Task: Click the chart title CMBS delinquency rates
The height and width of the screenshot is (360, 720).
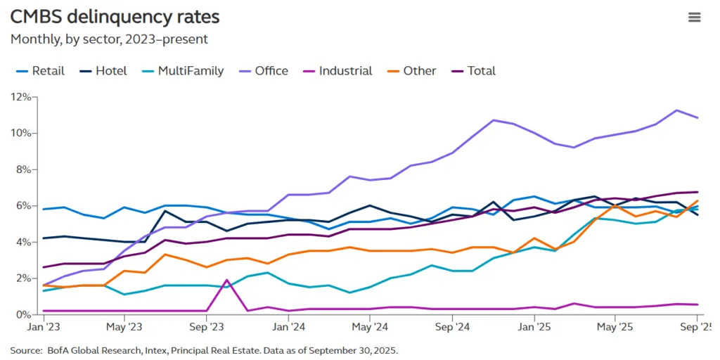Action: click(x=115, y=17)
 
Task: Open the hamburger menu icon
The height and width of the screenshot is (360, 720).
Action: click(x=694, y=18)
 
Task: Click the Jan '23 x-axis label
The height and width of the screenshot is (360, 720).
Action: click(x=44, y=327)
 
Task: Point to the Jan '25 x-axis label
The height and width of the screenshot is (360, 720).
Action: click(x=534, y=327)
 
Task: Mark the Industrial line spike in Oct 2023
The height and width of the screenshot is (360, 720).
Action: click(x=226, y=281)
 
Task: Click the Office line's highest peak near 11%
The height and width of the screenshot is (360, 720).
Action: click(x=676, y=110)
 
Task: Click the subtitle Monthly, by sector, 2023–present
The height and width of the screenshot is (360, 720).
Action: click(x=109, y=39)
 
